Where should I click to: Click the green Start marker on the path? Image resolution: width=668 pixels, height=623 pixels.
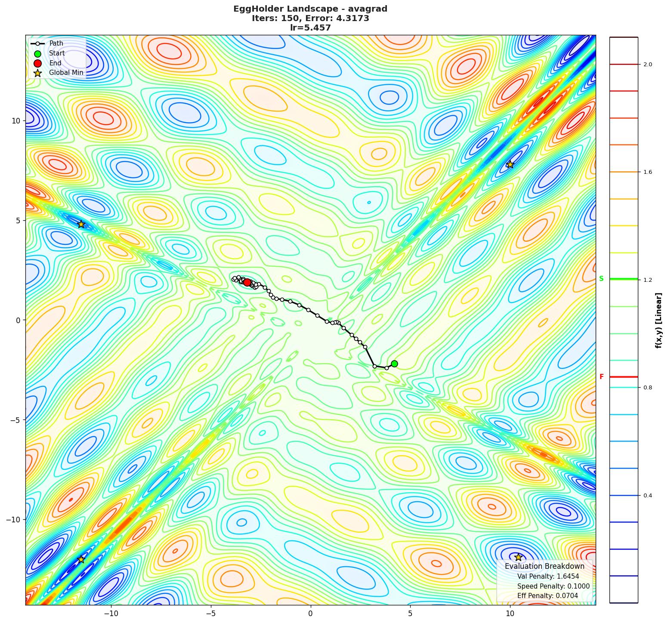pyautogui.click(x=394, y=364)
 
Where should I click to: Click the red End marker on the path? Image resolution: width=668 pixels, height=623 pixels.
pyautogui.click(x=247, y=282)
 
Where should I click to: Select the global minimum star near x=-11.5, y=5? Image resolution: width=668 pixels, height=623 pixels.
pyautogui.click(x=81, y=224)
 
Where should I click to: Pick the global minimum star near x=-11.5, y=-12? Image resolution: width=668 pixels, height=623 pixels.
pyautogui.click(x=81, y=559)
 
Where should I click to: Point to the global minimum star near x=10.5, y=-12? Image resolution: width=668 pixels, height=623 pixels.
pyautogui.click(x=518, y=557)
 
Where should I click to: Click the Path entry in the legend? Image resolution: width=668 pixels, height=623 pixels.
pyautogui.click(x=56, y=43)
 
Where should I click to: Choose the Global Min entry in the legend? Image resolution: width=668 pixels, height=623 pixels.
pyautogui.click(x=66, y=73)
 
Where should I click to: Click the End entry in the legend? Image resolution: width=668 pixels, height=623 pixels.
pyautogui.click(x=55, y=63)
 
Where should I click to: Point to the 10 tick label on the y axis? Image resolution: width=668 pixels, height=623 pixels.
pyautogui.click(x=16, y=120)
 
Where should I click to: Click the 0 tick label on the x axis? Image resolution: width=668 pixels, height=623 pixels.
pyautogui.click(x=310, y=613)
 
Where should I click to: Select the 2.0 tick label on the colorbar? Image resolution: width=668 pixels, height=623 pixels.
pyautogui.click(x=647, y=65)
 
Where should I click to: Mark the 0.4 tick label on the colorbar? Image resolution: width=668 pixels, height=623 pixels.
pyautogui.click(x=647, y=496)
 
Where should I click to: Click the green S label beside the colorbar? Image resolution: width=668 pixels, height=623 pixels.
pyautogui.click(x=601, y=279)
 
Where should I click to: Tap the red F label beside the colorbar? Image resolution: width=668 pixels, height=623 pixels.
pyautogui.click(x=601, y=377)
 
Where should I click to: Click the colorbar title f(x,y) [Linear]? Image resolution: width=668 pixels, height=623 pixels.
pyautogui.click(x=659, y=321)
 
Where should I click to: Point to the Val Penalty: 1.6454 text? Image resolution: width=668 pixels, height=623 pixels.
pyautogui.click(x=548, y=577)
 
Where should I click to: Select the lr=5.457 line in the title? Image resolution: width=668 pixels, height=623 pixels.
pyautogui.click(x=310, y=28)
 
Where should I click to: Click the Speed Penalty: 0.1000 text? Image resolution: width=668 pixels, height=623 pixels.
pyautogui.click(x=553, y=586)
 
